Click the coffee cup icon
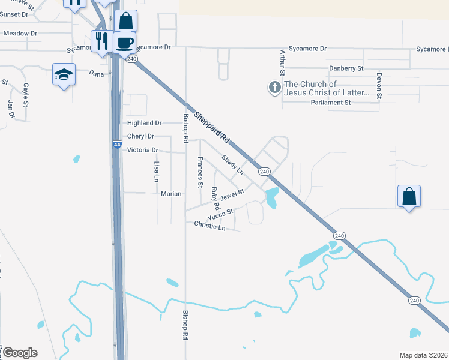(125, 43)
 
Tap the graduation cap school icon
(64, 74)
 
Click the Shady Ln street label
(232, 164)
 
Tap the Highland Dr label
(145, 123)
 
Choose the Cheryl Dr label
(140, 136)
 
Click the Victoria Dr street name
(142, 150)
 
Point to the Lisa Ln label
(156, 171)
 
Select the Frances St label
(200, 172)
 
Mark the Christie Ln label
(209, 226)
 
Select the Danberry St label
(346, 69)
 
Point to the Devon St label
(379, 85)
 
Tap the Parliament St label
(331, 103)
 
